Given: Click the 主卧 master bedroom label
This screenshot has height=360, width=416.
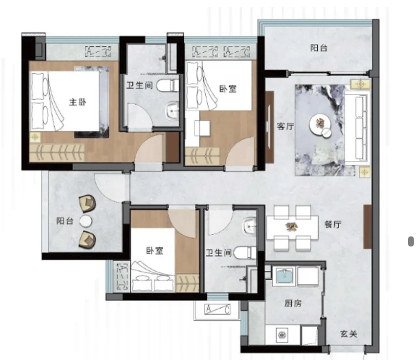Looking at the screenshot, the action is (77, 102).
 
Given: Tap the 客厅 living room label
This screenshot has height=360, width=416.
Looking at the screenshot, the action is (285, 127).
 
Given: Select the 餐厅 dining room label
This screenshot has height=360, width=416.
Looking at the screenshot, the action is (333, 225).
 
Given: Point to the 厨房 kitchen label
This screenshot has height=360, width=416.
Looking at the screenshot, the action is (293, 303).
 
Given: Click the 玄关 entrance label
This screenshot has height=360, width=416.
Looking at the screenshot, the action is (349, 334).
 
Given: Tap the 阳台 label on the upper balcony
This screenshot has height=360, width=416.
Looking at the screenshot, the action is (318, 48).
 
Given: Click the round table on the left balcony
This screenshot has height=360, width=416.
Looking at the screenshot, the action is (86, 221).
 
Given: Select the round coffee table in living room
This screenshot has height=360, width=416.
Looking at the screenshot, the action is (320, 124).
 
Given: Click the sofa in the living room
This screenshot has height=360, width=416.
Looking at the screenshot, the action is (357, 127).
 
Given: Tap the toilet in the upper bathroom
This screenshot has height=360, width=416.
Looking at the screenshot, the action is (168, 86).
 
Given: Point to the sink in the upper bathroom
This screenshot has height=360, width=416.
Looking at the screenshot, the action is (173, 111).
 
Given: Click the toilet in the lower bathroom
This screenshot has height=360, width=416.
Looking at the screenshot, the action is (245, 252).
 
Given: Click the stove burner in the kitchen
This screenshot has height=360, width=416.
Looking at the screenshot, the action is (282, 335).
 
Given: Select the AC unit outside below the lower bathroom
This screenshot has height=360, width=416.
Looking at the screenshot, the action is (217, 309).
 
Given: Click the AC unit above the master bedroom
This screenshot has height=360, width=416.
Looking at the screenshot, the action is (98, 52).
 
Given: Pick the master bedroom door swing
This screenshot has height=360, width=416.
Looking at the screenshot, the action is (149, 148).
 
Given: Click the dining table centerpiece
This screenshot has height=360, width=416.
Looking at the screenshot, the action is (292, 226).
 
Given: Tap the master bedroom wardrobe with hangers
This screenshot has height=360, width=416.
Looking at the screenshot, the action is (57, 153).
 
